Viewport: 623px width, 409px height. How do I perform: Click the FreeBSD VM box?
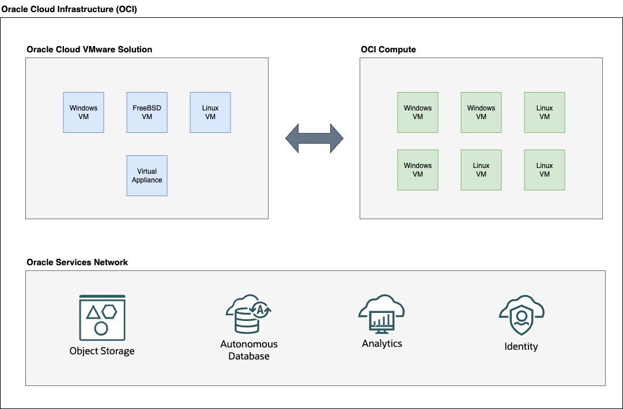147,112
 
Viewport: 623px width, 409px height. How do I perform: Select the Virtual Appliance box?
147,175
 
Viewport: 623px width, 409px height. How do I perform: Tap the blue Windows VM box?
84,112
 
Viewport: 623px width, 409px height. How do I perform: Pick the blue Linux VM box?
210,112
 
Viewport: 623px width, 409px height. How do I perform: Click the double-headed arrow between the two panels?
315,139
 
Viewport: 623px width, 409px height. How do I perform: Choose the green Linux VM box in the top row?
545,112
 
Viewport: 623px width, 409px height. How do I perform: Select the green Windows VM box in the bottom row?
418,170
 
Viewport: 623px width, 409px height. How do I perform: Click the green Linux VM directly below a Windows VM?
481,170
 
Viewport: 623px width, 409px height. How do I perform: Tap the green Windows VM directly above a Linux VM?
481,112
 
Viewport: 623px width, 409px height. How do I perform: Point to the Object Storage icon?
101,316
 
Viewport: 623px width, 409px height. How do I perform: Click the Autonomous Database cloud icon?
248,315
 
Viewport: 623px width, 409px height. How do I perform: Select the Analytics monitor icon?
382,316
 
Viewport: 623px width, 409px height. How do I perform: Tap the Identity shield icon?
521,316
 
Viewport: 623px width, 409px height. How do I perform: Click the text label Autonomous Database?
249,350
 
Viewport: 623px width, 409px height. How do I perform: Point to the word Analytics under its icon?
382,343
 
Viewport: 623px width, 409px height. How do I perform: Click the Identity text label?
521,346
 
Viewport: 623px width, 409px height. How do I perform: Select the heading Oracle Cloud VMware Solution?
89,49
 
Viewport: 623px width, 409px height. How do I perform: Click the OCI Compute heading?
388,49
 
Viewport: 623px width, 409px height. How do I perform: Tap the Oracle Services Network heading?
77,262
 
